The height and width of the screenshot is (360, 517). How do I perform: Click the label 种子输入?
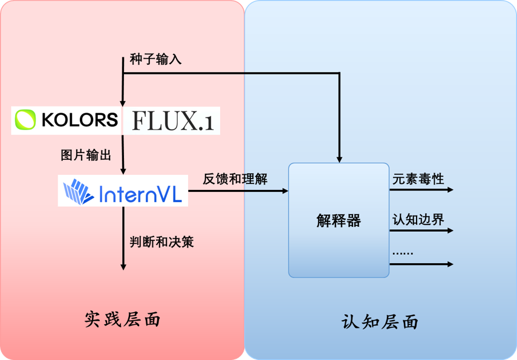pyautogui.click(x=155, y=60)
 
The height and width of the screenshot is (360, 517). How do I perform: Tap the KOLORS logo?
pyautogui.click(x=67, y=120)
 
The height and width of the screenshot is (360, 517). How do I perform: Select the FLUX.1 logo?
pyautogui.click(x=171, y=120)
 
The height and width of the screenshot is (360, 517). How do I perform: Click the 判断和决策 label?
pyautogui.click(x=161, y=241)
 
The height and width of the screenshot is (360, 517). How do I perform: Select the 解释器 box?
pyautogui.click(x=338, y=220)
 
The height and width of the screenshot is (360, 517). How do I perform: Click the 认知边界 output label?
pyautogui.click(x=418, y=218)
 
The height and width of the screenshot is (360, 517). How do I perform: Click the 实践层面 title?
pyautogui.click(x=123, y=319)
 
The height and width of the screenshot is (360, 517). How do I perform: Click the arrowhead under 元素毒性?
pyautogui.click(x=449, y=189)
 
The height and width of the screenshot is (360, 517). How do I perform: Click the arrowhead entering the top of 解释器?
pyautogui.click(x=340, y=159)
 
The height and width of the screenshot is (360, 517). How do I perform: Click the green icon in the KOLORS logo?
pyautogui.click(x=25, y=120)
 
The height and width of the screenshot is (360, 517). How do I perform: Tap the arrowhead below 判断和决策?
pyautogui.click(x=123, y=266)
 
